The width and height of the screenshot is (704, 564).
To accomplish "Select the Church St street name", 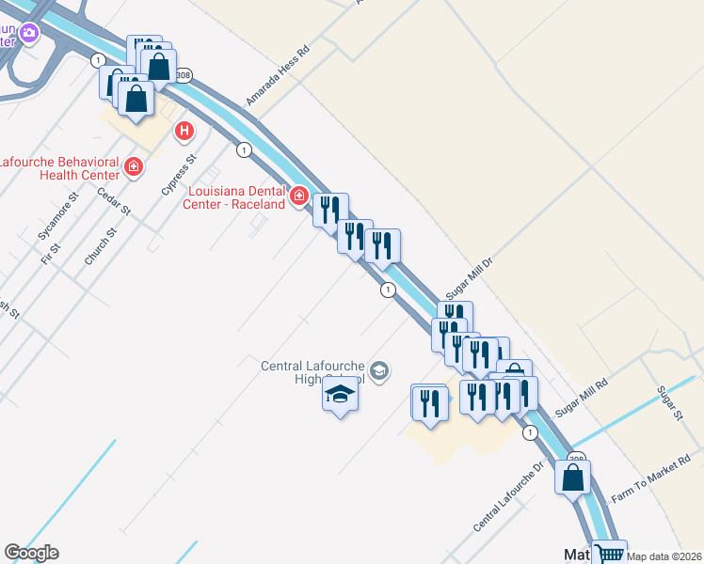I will click(x=98, y=245).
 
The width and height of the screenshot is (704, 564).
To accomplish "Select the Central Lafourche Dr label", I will click(x=509, y=495).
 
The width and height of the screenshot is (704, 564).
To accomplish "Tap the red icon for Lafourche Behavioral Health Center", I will click(x=134, y=168).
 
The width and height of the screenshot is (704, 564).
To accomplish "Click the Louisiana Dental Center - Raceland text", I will click(x=231, y=196).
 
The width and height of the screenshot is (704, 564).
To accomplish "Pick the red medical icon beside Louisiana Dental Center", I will click(x=299, y=196).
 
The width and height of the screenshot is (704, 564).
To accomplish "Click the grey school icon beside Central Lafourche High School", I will click(x=378, y=370).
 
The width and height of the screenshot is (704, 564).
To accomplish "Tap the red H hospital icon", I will click(x=184, y=131).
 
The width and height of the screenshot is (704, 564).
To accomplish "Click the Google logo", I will click(x=31, y=553).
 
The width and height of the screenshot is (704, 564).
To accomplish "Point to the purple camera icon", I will click(x=29, y=35).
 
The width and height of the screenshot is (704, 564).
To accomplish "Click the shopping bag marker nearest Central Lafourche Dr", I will click(x=572, y=477).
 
